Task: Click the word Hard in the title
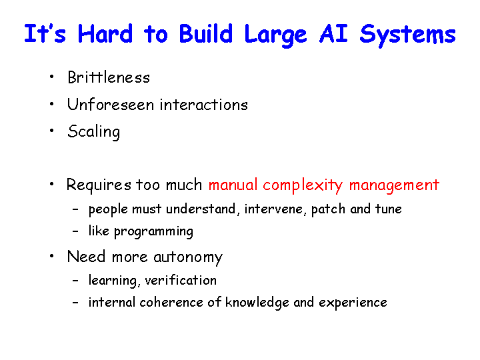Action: (x=105, y=33)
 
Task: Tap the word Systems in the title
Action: (x=408, y=35)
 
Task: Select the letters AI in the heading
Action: (x=333, y=33)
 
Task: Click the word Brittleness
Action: (x=109, y=77)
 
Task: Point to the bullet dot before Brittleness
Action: (x=52, y=77)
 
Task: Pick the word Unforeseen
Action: (x=111, y=105)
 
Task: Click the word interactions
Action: (x=204, y=105)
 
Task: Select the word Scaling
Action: (x=94, y=132)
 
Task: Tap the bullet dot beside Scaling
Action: (x=52, y=131)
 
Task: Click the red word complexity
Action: (x=303, y=185)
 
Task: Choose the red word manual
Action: (x=233, y=185)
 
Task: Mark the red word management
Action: (x=394, y=185)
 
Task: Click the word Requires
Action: (x=99, y=185)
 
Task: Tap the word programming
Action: (x=154, y=232)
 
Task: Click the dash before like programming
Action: (x=75, y=231)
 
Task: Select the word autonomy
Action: (x=188, y=257)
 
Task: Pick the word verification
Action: (x=181, y=280)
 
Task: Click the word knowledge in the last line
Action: (x=257, y=303)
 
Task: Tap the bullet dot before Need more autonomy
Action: (x=52, y=256)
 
